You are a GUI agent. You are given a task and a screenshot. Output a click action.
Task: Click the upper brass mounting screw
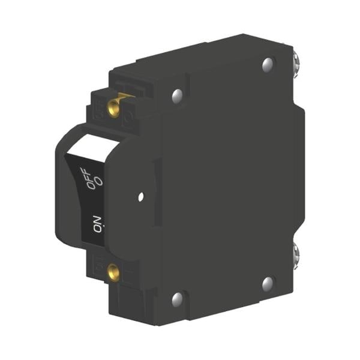point(113,107)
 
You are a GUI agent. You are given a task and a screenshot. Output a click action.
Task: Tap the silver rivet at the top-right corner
point(268,64)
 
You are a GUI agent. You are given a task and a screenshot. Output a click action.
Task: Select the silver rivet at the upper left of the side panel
point(177,95)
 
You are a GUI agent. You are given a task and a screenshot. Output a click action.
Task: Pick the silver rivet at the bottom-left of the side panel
point(177,298)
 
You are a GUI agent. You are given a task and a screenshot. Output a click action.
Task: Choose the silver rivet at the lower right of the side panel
point(268,283)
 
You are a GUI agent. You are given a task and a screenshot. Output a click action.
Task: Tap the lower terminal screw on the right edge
point(296,254)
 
